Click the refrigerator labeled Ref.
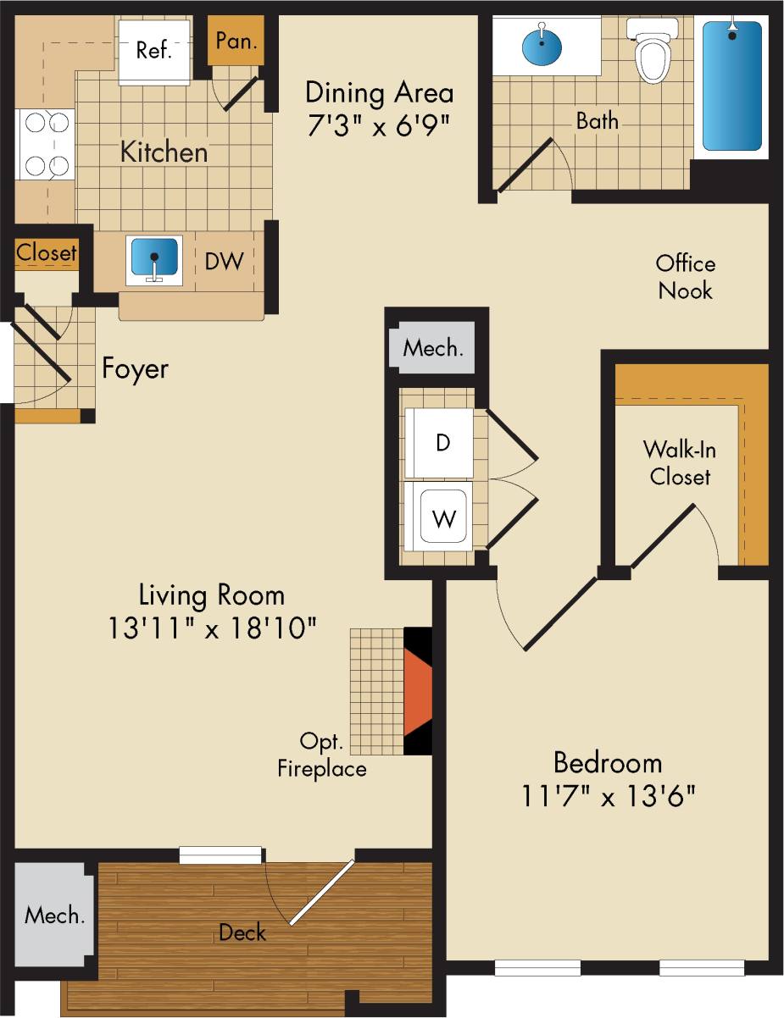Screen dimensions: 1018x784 (x=154, y=51)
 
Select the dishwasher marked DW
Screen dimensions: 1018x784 (x=224, y=261)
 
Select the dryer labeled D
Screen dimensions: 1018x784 (x=441, y=443)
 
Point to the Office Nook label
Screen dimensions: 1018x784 (x=685, y=277)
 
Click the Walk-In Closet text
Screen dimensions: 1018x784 (x=679, y=462)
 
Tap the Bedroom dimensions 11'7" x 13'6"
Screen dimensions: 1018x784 (x=608, y=797)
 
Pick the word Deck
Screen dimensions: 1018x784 (x=242, y=932)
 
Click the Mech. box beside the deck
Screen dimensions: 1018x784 (x=54, y=916)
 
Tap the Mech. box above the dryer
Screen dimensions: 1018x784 (x=432, y=348)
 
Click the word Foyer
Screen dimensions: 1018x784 (x=135, y=368)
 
